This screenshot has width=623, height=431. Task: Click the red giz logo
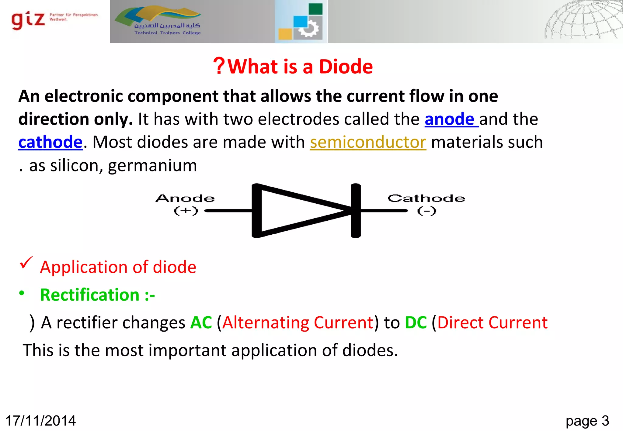click(x=28, y=20)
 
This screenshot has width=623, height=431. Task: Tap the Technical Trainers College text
click(x=168, y=33)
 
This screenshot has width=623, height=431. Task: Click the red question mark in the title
click(x=219, y=66)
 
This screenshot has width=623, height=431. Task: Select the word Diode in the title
click(x=346, y=67)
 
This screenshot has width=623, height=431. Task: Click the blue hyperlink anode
click(x=449, y=119)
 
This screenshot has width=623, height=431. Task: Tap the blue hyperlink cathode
click(x=50, y=142)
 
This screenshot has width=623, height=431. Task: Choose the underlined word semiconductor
click(x=368, y=142)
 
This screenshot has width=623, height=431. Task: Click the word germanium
click(x=152, y=166)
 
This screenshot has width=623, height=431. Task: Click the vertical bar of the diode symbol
click(x=356, y=211)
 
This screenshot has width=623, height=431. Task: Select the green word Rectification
click(x=90, y=295)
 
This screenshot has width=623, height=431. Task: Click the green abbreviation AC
click(x=201, y=322)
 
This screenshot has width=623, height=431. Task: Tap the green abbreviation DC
click(x=416, y=322)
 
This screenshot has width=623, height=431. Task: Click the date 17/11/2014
click(x=40, y=421)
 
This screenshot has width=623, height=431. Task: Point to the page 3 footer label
click(x=587, y=421)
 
